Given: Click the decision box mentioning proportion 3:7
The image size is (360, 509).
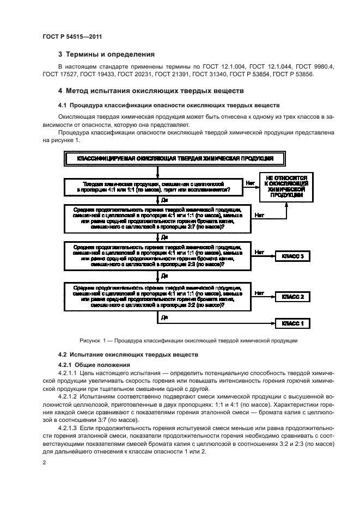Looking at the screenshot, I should pos(157,219).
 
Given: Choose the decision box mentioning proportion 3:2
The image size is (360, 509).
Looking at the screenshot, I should pos(157,295).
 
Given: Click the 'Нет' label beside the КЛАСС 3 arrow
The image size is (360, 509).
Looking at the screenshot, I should pos(259,252).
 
